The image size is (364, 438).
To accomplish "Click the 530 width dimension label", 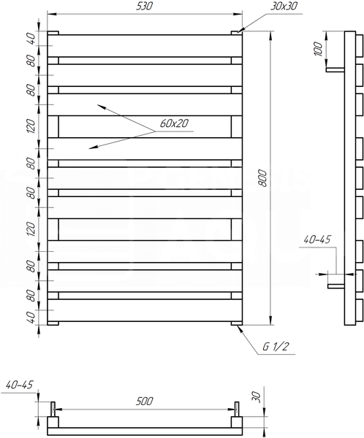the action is (145, 7).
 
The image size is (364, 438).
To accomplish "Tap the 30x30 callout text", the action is (284, 6).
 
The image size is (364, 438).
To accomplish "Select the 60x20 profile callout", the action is (174, 123).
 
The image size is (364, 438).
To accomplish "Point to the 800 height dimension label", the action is (262, 178).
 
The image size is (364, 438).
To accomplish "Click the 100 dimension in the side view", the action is (318, 49).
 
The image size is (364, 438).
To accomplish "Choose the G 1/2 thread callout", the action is (275, 347).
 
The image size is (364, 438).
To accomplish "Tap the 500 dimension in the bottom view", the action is (145, 401).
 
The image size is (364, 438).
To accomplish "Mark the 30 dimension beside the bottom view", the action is (257, 396).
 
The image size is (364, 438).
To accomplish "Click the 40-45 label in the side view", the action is (317, 239).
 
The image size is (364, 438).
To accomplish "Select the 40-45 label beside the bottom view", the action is (19, 385).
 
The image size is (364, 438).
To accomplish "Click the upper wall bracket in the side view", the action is (335, 69).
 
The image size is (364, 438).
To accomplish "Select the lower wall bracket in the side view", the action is (336, 286).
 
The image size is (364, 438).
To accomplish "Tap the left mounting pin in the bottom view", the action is (53, 409).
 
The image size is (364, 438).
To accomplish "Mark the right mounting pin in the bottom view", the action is (237, 409).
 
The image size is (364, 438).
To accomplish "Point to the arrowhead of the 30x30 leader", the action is (240, 30).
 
